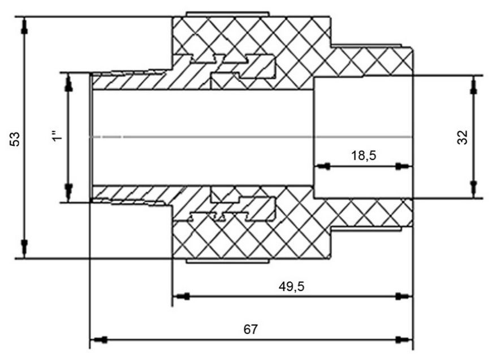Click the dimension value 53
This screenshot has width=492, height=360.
[15, 139]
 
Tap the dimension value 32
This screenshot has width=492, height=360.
[462, 137]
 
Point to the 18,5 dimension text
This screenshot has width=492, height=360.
[364, 155]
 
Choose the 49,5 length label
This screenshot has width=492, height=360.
[291, 287]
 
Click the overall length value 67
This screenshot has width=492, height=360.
[251, 329]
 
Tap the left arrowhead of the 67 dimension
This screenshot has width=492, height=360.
[99, 339]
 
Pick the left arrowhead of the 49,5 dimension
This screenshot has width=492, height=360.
[182, 296]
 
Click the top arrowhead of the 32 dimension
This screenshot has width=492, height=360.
[474, 85]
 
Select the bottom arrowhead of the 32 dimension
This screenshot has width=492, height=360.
[474, 188]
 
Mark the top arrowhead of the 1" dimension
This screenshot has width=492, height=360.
[68, 83]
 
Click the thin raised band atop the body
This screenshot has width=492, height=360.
[228, 14]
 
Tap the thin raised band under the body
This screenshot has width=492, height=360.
[228, 261]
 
